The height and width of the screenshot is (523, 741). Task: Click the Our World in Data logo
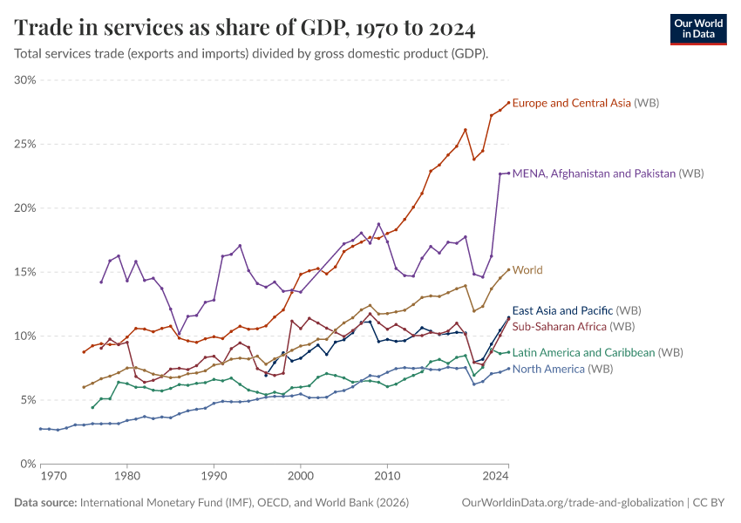point(697,28)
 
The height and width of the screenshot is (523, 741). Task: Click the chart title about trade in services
point(245,29)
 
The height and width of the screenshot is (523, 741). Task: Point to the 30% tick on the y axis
point(24,80)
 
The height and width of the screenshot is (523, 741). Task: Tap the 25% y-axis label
point(24,144)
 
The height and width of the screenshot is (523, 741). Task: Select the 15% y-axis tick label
point(24,272)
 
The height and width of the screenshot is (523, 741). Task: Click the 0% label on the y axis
point(27,464)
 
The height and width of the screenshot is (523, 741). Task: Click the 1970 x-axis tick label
point(53,477)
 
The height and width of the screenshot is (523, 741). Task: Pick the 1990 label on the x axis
point(214,477)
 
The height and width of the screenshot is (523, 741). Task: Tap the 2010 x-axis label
point(387,477)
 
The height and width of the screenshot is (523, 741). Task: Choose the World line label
point(527,270)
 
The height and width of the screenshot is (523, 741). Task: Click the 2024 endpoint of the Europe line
point(508,103)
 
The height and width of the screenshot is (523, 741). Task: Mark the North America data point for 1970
point(41,429)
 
